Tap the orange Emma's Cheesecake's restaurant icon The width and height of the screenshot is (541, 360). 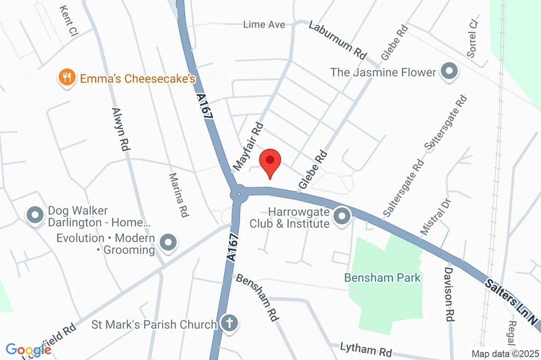point(66,78)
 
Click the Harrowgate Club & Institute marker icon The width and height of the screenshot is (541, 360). point(342,215)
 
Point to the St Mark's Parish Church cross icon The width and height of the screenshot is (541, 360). point(229,324)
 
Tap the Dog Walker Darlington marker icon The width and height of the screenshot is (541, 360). point(35,215)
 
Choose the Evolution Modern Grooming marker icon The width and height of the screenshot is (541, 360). point(169,242)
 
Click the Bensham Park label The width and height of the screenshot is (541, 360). point(383,278)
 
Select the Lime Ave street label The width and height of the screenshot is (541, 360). point(264,24)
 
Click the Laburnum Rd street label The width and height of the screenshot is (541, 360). point(338,40)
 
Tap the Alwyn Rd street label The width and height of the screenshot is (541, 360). point(121,130)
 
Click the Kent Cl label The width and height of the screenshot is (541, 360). point(69,21)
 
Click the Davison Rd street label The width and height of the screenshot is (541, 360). point(449,293)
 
